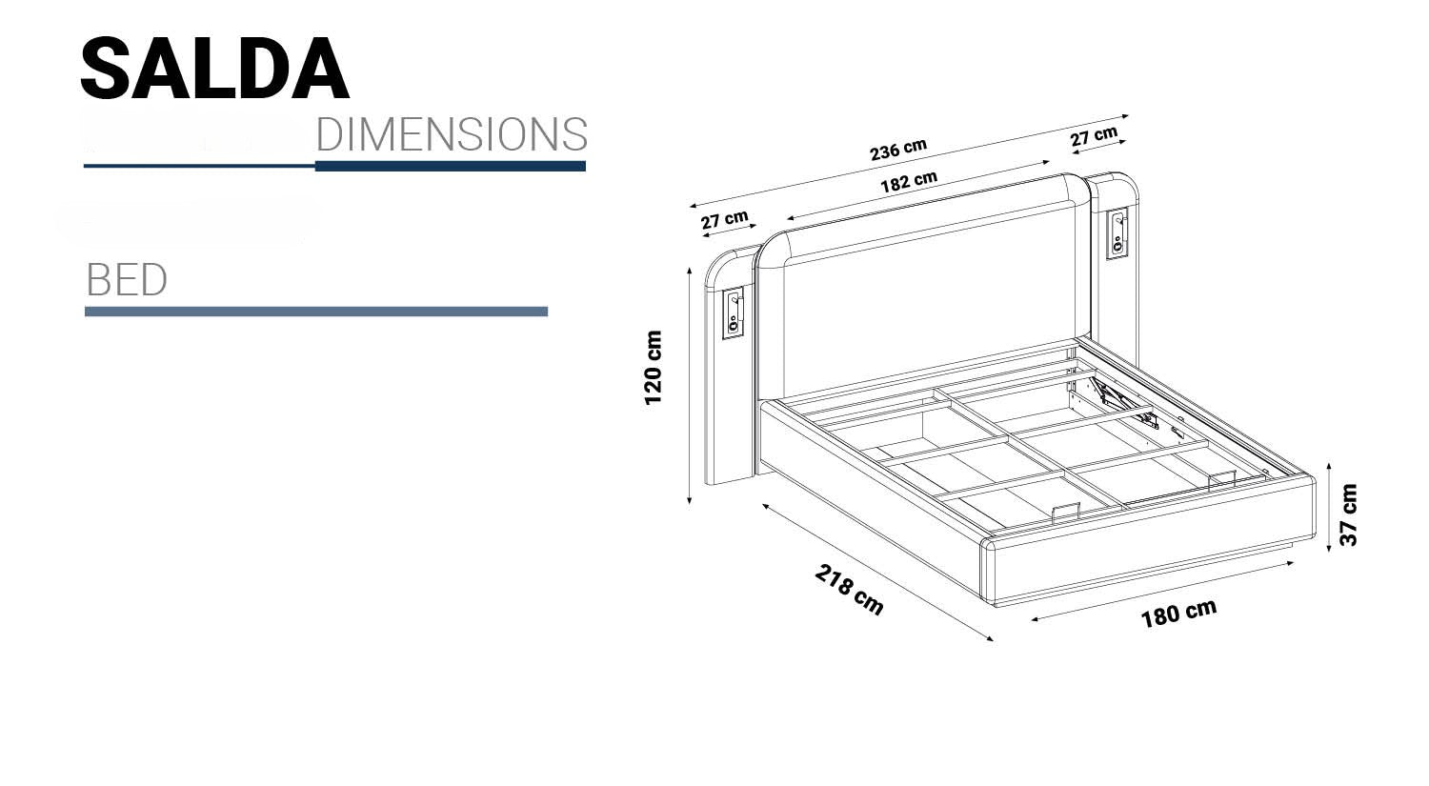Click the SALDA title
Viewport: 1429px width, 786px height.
(x=215, y=69)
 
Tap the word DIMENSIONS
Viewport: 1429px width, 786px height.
(x=452, y=134)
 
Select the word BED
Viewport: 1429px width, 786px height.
(x=127, y=280)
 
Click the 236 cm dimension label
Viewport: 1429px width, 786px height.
(x=898, y=150)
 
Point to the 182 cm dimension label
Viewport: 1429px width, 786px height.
(x=909, y=182)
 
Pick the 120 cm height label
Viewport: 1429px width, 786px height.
(x=654, y=368)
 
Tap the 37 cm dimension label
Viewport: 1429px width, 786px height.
(x=1348, y=514)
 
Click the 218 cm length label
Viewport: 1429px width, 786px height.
(x=849, y=590)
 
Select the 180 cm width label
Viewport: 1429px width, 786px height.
(x=1179, y=614)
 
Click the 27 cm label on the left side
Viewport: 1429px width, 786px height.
(x=724, y=219)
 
